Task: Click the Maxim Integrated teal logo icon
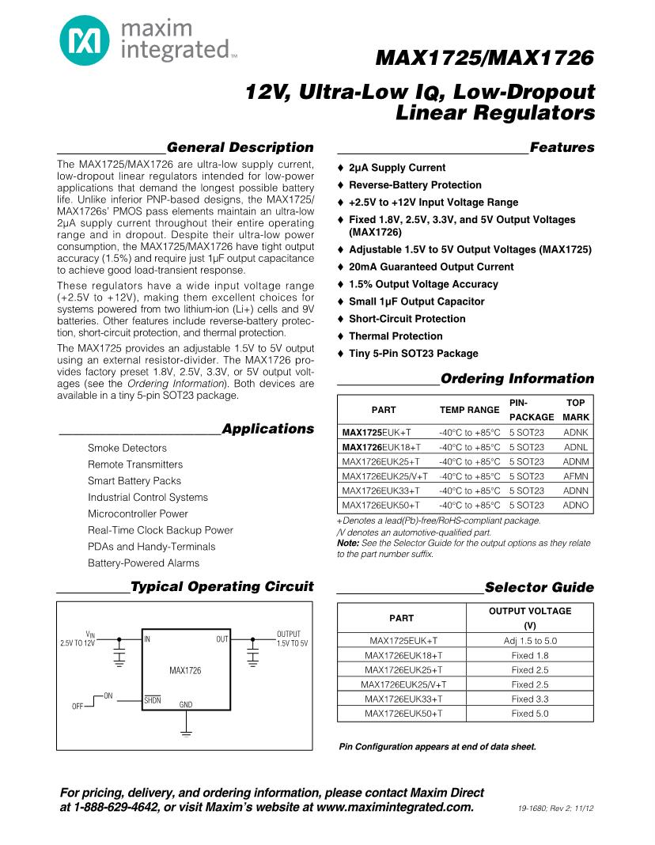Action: pyautogui.click(x=84, y=41)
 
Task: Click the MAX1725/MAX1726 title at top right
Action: pyautogui.click(x=484, y=59)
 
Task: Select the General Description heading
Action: pyautogui.click(x=240, y=148)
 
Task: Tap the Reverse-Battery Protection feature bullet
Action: pyautogui.click(x=415, y=185)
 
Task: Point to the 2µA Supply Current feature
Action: pyautogui.click(x=396, y=168)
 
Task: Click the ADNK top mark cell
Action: pyautogui.click(x=576, y=433)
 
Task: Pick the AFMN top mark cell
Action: pyautogui.click(x=576, y=476)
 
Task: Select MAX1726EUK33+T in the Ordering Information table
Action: pyautogui.click(x=381, y=491)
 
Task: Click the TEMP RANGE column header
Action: pyautogui.click(x=469, y=410)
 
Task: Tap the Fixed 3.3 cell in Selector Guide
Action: pyautogui.click(x=530, y=699)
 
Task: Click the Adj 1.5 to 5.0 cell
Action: pyautogui.click(x=530, y=641)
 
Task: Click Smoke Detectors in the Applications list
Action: pyautogui.click(x=127, y=448)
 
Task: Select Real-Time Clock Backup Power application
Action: pyautogui.click(x=161, y=530)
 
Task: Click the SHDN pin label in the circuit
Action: pyautogui.click(x=152, y=700)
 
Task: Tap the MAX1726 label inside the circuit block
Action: pyautogui.click(x=185, y=670)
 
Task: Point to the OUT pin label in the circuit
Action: pyautogui.click(x=222, y=638)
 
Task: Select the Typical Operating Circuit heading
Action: pyautogui.click(x=221, y=587)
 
